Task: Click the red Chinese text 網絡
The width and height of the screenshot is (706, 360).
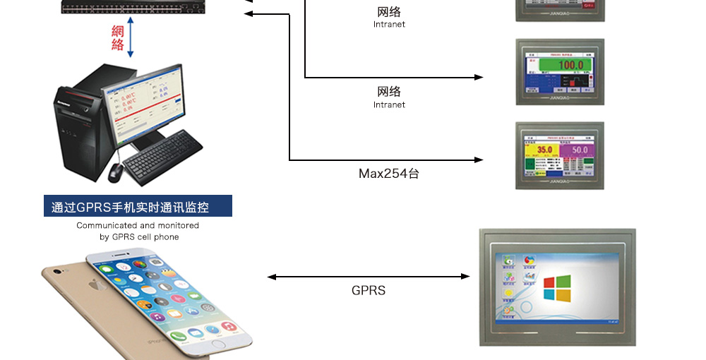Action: (118, 38)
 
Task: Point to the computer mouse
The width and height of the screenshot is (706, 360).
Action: (115, 170)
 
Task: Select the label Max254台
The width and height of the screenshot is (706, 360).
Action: (388, 173)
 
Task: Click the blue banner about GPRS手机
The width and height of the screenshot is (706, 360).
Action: (138, 207)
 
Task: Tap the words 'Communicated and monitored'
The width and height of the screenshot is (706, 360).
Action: (138, 226)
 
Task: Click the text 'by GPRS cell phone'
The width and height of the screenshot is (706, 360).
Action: (139, 237)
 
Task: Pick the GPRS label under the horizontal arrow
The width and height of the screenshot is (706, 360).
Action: (369, 290)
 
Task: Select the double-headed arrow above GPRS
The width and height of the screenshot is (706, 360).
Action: (369, 277)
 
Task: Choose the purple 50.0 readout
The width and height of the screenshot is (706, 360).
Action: (580, 150)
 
